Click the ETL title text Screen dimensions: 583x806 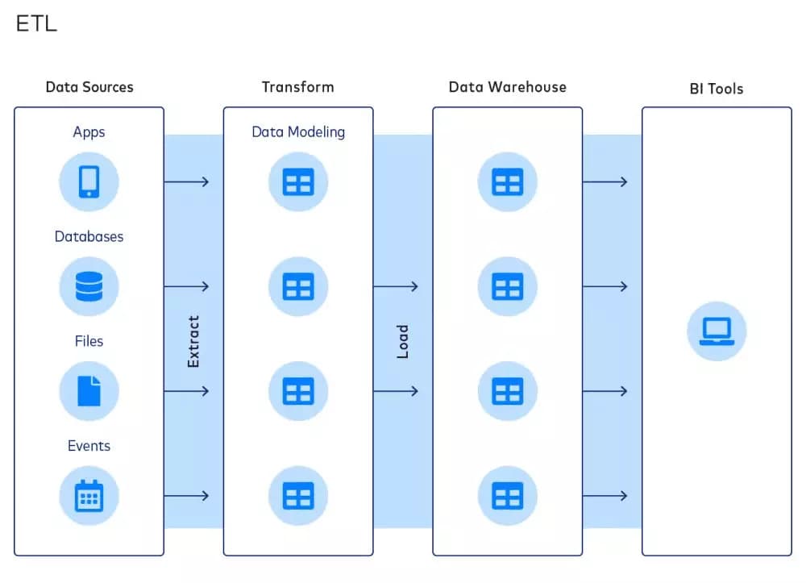36,24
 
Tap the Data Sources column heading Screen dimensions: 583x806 89,87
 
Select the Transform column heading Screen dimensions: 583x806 297,87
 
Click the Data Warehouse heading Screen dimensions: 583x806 507,87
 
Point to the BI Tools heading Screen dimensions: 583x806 717,89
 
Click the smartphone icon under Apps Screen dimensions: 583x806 89,181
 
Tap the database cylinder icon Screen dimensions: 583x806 89,286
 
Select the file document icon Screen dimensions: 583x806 89,391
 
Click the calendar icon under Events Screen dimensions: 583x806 89,495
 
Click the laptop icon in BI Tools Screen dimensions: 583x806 717,331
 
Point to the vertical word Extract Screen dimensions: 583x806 193,342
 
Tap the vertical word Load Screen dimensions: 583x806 403,342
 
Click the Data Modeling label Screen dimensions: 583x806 298,131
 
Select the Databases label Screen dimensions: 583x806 89,236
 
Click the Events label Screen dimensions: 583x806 89,446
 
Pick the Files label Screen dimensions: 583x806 89,341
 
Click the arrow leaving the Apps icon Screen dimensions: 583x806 186,181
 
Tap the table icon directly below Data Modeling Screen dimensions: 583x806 298,181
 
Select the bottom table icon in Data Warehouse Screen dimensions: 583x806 507,495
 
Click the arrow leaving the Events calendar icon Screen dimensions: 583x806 186,495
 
